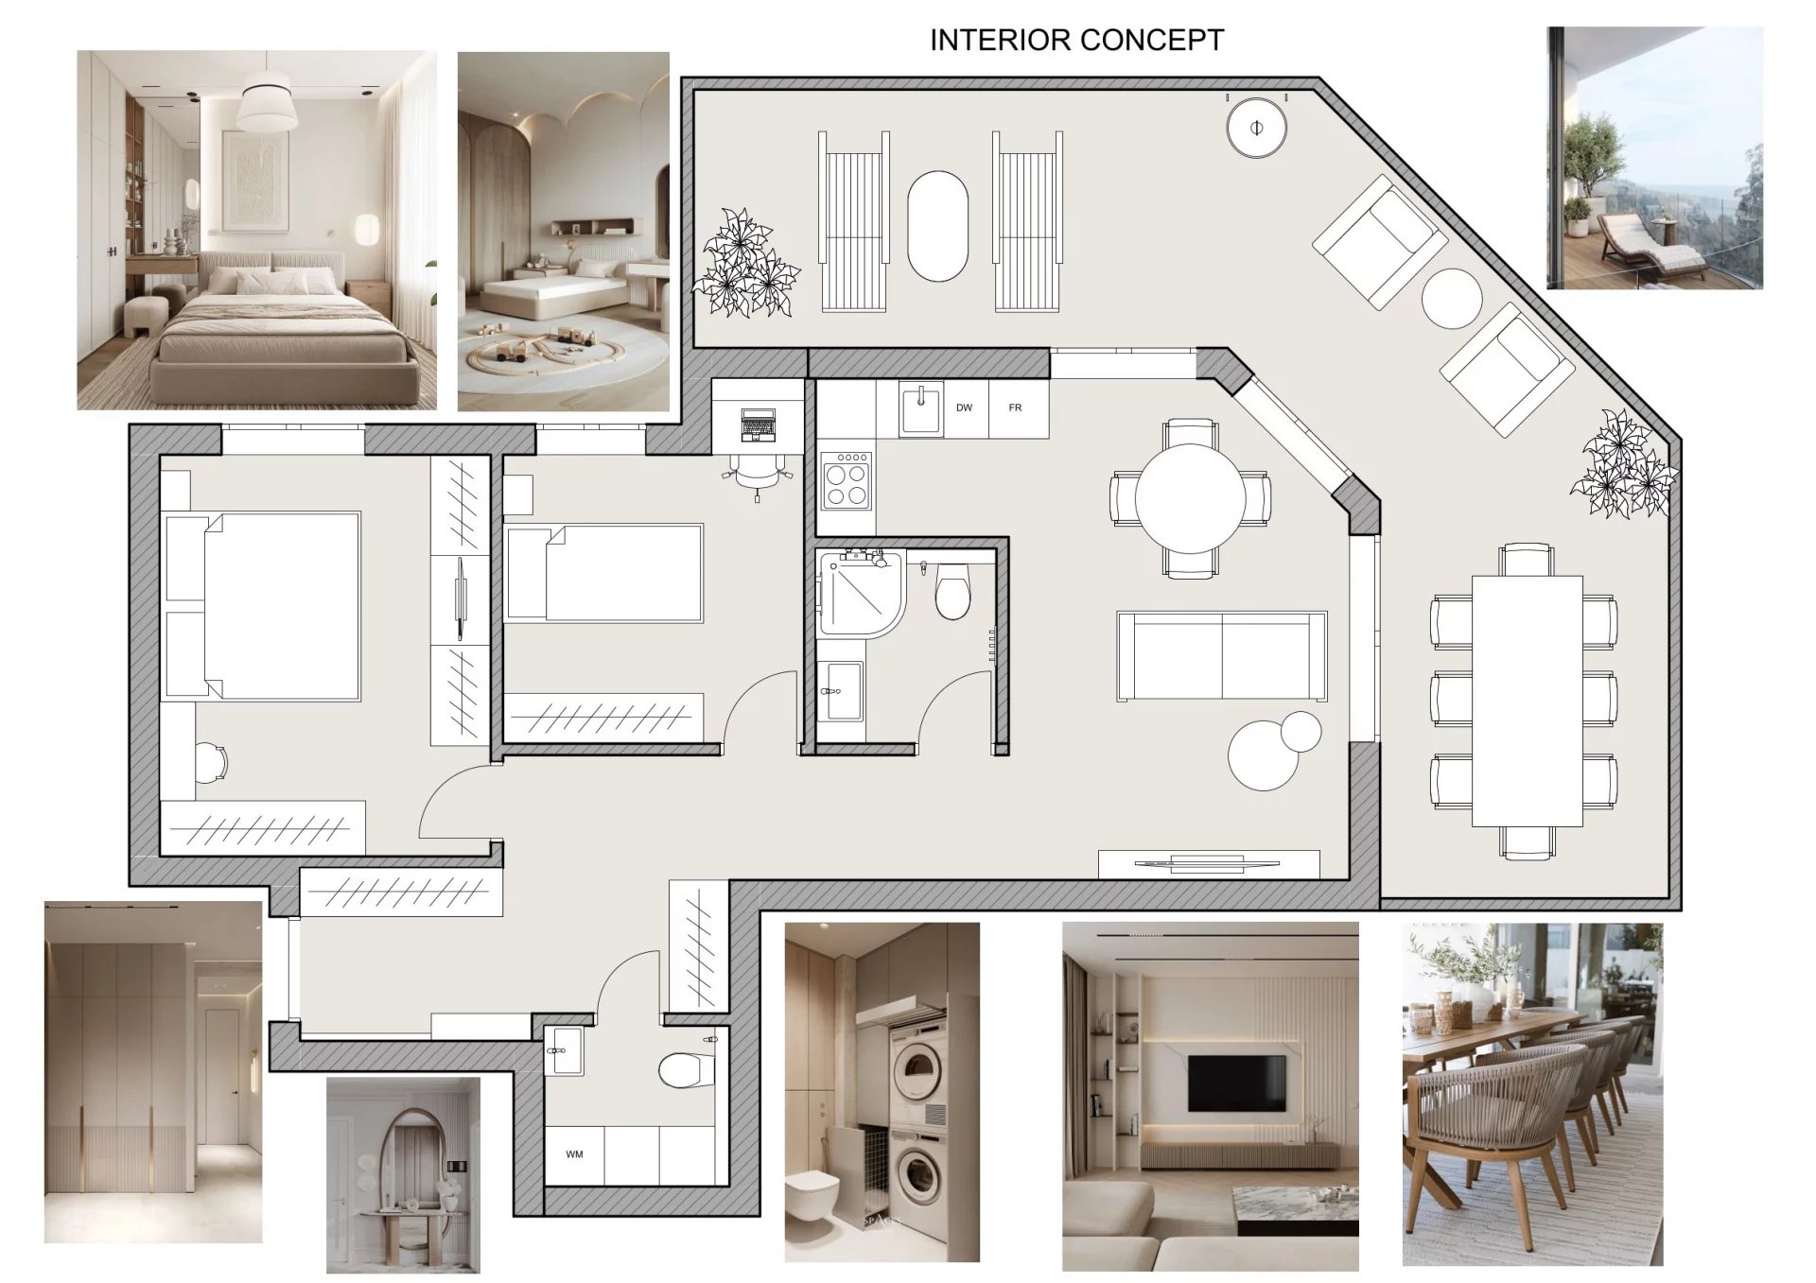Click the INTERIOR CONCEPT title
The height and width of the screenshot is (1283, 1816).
[1076, 40]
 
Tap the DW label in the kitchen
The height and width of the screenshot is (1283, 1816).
[964, 407]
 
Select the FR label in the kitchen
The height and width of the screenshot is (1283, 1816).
[1015, 407]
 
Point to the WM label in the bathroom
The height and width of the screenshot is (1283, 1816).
[574, 1154]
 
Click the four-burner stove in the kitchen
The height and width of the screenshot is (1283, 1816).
[847, 481]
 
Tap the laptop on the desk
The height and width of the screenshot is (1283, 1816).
[758, 425]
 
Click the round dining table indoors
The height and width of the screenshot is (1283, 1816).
[1190, 498]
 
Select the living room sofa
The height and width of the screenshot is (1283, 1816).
[1221, 656]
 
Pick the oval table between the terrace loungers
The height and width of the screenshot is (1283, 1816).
[938, 225]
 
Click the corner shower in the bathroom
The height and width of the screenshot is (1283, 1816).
[862, 593]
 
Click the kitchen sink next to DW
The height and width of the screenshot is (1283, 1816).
[920, 409]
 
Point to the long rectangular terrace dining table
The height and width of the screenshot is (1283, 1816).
[1527, 701]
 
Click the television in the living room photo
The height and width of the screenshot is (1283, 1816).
[1236, 1084]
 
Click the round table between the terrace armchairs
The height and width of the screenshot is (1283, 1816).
[1451, 299]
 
